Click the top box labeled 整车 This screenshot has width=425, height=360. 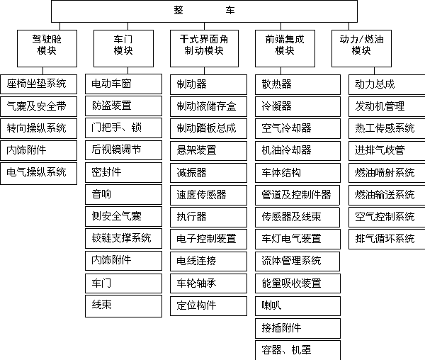(204, 11)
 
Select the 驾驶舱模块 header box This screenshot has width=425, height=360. (47, 48)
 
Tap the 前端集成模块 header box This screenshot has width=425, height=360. (285, 48)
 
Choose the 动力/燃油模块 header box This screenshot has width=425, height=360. (361, 48)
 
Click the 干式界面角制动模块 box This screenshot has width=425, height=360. (204, 48)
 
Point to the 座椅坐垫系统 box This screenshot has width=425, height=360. (38, 84)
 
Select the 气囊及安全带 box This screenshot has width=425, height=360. (38, 106)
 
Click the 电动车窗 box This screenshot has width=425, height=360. (123, 84)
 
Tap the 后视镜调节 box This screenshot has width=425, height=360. (123, 150)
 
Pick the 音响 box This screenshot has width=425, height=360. (123, 194)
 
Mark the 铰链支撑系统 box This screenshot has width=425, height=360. (123, 238)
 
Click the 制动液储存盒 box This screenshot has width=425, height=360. (208, 106)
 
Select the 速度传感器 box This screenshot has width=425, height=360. (208, 195)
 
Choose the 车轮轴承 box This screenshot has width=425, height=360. (208, 283)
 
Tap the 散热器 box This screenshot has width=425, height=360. (297, 84)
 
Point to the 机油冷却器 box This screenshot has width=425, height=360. (297, 151)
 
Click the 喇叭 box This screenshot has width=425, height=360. (297, 306)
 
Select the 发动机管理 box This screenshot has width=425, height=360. (387, 106)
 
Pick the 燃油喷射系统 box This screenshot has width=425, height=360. (387, 173)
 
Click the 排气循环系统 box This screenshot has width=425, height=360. (387, 240)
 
